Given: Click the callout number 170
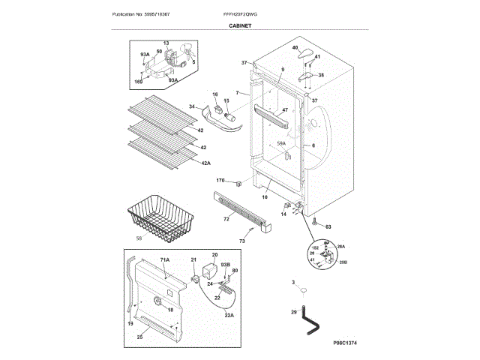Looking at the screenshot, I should click(x=220, y=181).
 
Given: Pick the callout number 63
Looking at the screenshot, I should click(x=328, y=224).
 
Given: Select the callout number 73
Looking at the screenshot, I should click(x=241, y=241).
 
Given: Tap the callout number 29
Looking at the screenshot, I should click(x=294, y=311).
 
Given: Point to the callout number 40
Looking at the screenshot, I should click(x=295, y=49).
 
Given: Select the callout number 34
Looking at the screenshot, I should click(x=192, y=107).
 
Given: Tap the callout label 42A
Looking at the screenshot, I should click(x=205, y=162).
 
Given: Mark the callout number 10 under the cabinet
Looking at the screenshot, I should click(x=264, y=197).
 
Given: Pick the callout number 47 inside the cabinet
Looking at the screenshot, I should click(x=284, y=110).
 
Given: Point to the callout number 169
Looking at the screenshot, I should click(x=139, y=81).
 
